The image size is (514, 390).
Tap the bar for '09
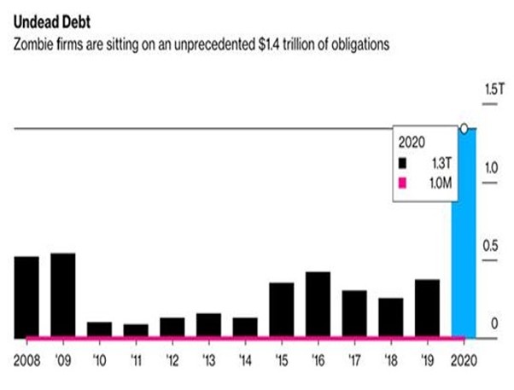62,294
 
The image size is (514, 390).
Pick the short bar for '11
135,329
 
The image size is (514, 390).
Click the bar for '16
318,304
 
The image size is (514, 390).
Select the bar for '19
427,307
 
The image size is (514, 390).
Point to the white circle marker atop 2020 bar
464,129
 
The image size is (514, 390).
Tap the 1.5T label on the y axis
494,90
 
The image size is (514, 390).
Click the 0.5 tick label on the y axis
491,246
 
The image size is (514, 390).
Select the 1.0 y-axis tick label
492,168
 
